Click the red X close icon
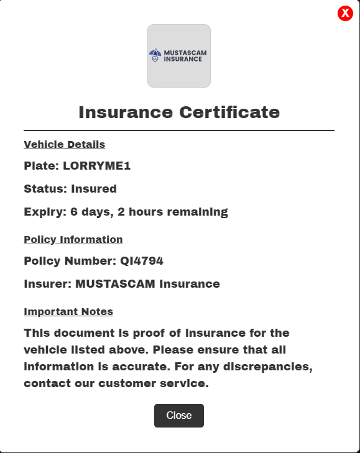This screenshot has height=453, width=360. [x=345, y=13]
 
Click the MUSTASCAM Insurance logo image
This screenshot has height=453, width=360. [x=179, y=56]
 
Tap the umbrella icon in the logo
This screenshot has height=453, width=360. [x=155, y=56]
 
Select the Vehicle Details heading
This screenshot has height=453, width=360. [x=64, y=145]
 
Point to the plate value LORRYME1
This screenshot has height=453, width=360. [x=97, y=166]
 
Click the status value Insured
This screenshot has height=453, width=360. [x=94, y=189]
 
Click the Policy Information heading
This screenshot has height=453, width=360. [x=73, y=240]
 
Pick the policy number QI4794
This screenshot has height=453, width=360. [x=142, y=261]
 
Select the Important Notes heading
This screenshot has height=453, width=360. [x=68, y=312]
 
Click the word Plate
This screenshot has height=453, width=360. [x=41, y=166]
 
